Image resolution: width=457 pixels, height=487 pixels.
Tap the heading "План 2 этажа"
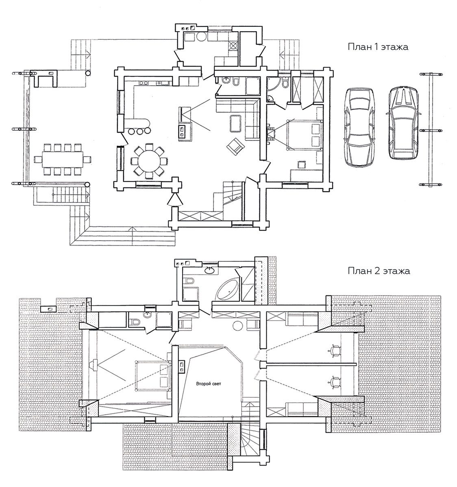coord(379,271)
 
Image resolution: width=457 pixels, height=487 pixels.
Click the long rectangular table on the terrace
coord(63,159)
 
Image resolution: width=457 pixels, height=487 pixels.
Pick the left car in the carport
coord(360,126)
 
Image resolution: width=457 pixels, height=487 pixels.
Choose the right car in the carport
coord(403,123)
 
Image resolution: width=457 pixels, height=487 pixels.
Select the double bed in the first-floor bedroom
coord(305,135)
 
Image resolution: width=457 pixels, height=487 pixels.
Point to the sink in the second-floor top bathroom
coord(209,270)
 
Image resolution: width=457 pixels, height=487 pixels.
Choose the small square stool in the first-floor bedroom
coord(301,164)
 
